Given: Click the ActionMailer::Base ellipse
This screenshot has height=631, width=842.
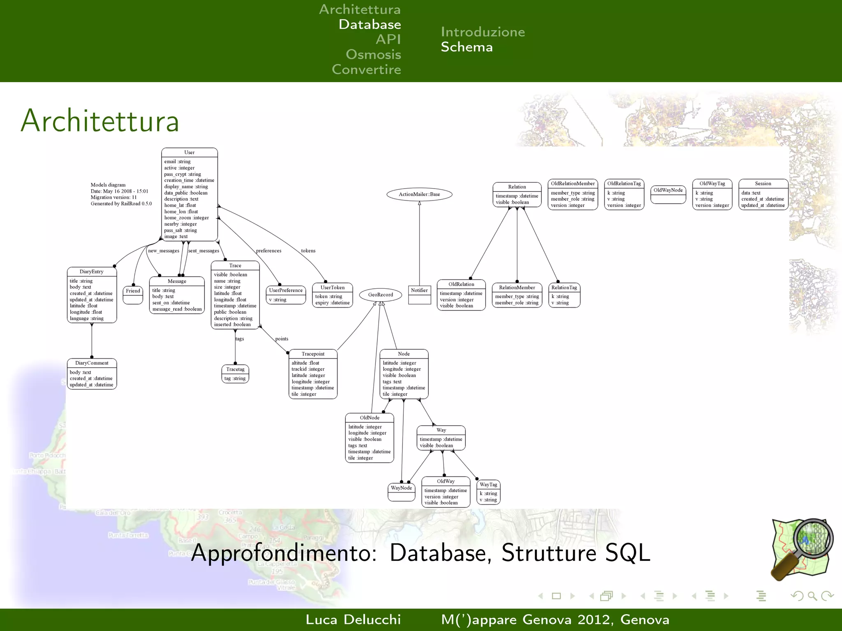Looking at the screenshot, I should tap(419, 194).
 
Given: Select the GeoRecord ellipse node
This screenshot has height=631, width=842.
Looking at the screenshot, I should tap(380, 295).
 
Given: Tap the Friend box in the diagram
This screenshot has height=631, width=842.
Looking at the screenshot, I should tap(133, 295).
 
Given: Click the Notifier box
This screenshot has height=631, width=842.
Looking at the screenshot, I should tap(419, 294).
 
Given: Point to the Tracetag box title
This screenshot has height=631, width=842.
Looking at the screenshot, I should tap(235, 369).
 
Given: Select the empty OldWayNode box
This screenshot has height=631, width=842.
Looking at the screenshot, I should tap(668, 194).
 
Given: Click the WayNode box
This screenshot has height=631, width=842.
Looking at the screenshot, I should tap(401, 492).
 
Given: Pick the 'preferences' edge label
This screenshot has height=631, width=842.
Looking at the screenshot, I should tap(268, 251).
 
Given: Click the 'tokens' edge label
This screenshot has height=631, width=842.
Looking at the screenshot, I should tap(308, 251).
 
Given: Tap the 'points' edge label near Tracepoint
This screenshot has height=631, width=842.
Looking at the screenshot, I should tap(282, 339).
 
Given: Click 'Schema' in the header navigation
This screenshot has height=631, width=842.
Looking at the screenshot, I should tap(467, 47).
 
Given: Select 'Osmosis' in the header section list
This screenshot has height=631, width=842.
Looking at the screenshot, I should tap(373, 54).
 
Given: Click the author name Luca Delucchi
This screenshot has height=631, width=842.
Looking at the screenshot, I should tap(353, 619).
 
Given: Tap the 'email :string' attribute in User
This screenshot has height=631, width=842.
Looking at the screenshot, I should tap(177, 161).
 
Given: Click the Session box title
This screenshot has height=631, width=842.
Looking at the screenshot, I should tap(763, 184).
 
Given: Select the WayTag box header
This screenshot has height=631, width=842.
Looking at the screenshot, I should tap(488, 485).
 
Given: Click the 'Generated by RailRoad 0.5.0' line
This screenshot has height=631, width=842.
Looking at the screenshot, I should tap(121, 204).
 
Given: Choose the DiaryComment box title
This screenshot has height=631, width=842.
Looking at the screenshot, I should tap(92, 363).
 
